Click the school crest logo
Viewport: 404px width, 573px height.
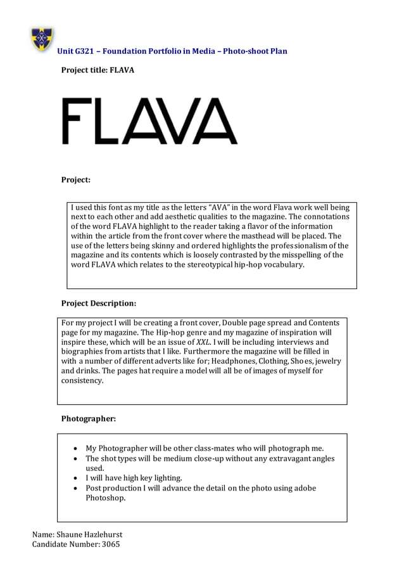click(x=42, y=39)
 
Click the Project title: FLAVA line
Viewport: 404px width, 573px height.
click(x=97, y=70)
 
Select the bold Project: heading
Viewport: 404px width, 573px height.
click(x=75, y=180)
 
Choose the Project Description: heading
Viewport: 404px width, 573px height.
click(x=98, y=303)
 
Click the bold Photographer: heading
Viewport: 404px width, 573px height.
click(x=88, y=418)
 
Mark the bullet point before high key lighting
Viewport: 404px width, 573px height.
click(x=77, y=478)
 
